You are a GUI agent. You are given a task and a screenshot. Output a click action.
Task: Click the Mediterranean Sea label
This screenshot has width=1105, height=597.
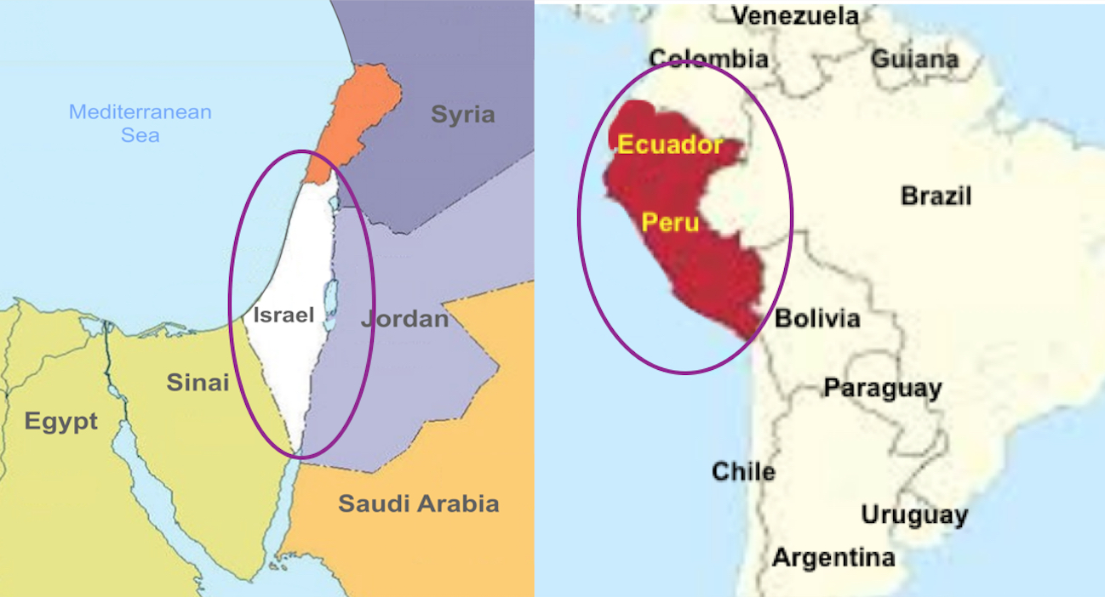(x=140, y=122)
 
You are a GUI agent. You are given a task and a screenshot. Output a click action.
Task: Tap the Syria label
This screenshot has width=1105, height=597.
(x=462, y=115)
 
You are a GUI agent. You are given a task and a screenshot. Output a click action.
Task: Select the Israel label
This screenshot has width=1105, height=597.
(x=283, y=316)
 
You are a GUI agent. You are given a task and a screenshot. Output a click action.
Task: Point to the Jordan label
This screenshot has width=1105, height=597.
(x=404, y=320)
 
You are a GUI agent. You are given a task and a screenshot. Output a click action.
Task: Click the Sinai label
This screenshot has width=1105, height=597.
(x=198, y=383)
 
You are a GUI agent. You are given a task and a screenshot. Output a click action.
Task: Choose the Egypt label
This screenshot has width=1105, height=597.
(x=60, y=421)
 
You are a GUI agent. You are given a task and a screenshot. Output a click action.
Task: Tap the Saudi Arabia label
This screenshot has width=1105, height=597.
(x=418, y=503)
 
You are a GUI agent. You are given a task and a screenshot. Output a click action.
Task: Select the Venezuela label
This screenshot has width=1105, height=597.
(x=795, y=15)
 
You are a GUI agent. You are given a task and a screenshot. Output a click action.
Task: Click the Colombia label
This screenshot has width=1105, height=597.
(x=708, y=59)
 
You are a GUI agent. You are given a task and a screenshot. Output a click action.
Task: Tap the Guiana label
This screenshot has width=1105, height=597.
(x=914, y=60)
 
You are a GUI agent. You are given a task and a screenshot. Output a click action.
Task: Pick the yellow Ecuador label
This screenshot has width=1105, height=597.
(x=670, y=145)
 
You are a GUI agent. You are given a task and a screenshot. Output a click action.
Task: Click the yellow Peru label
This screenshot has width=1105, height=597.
(x=670, y=223)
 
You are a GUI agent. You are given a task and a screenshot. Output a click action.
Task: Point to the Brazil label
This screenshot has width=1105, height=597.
(x=936, y=196)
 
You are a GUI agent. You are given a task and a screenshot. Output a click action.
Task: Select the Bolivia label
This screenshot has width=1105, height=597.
(x=817, y=319)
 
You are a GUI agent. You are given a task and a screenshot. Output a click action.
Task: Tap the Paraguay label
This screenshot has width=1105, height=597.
(x=882, y=389)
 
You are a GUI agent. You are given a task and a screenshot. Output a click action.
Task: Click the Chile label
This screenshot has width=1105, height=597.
(x=743, y=471)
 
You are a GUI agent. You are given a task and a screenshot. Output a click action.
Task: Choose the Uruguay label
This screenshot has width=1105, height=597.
(x=914, y=515)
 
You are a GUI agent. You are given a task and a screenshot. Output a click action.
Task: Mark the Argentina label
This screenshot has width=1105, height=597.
(x=833, y=558)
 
